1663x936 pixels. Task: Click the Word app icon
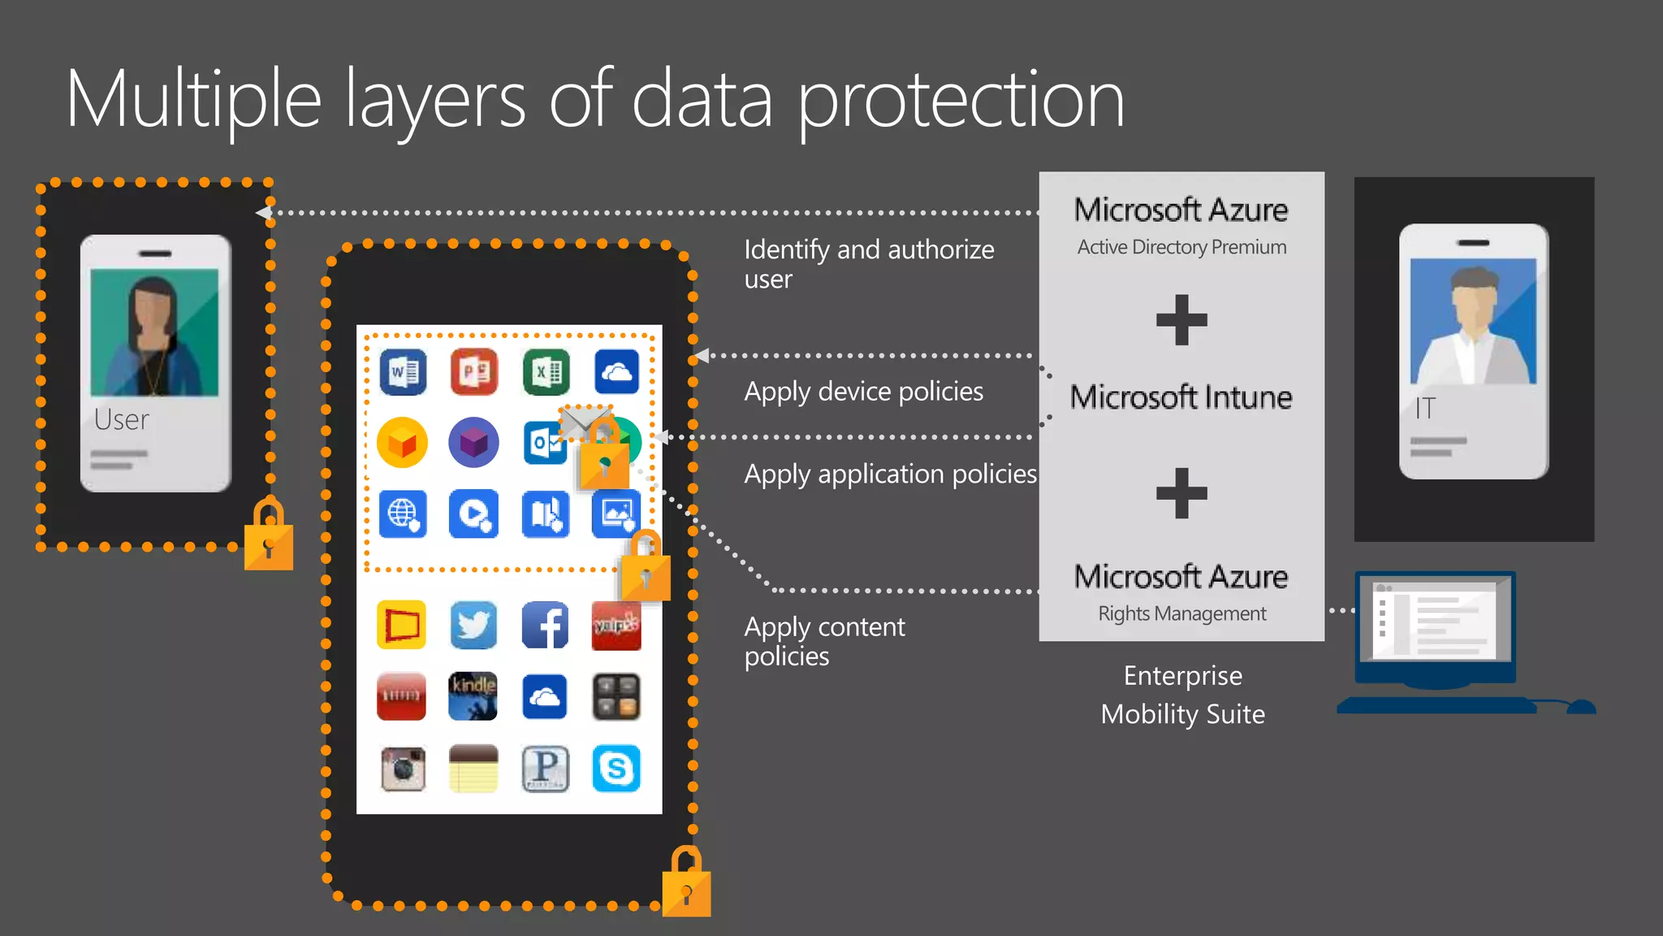403,372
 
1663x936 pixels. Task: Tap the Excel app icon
546,372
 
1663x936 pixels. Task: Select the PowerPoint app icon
474,372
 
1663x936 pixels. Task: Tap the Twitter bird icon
473,625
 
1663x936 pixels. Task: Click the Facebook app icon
545,625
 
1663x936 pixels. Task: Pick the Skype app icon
616,768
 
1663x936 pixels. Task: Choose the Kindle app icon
473,696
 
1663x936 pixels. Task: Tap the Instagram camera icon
403,768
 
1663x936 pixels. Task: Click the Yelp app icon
616,625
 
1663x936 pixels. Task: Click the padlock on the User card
269,538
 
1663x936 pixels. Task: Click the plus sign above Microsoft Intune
1181,319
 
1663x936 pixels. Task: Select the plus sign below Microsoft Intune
1181,492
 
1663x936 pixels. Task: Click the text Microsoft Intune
1181,397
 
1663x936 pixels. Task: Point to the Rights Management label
1181,613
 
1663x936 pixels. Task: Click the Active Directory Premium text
1181,247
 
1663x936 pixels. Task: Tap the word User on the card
122,419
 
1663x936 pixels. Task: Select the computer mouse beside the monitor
1579,707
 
